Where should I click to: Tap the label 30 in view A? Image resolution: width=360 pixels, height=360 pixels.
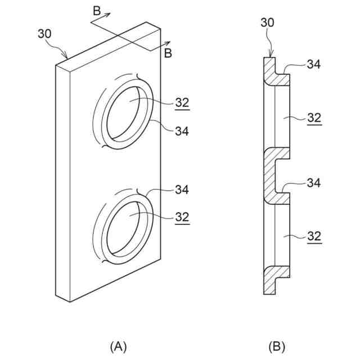tap(44, 34)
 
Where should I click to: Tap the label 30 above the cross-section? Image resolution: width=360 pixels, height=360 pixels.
tap(268, 22)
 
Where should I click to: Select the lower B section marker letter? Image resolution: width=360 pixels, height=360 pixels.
tap(167, 53)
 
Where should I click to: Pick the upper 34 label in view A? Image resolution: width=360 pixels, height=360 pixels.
tap(182, 131)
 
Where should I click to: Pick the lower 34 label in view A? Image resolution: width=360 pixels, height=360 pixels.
tap(181, 190)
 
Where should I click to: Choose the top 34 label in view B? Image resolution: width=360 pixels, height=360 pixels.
tap(314, 64)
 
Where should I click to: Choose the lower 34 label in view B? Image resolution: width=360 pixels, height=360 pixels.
tap(314, 183)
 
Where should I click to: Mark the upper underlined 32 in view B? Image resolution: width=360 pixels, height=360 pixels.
tap(314, 118)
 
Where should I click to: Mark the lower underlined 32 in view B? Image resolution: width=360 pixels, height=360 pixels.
tap(314, 236)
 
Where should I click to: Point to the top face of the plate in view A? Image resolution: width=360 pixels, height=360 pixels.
tap(107, 45)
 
